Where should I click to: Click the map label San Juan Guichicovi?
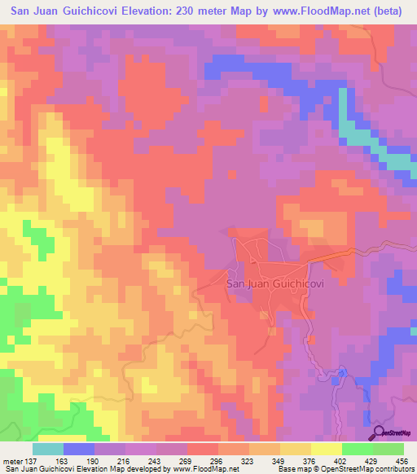[x=277, y=284]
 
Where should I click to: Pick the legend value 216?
[x=125, y=460]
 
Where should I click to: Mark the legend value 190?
[x=94, y=460]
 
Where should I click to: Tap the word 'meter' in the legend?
[x=11, y=460]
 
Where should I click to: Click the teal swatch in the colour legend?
[x=47, y=449]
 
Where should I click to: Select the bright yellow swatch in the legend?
[x=326, y=449]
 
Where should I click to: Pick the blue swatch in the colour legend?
[x=78, y=449]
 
